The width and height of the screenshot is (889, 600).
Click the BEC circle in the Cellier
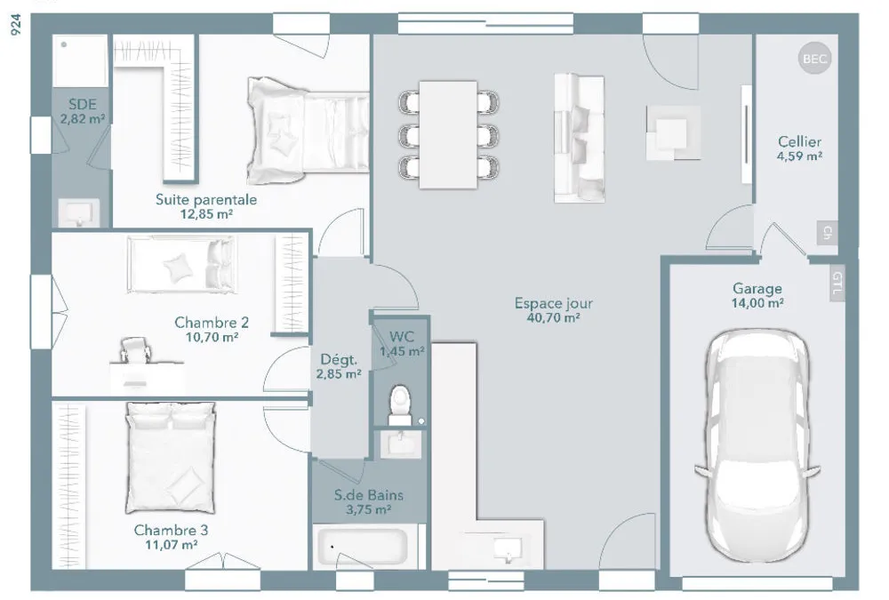click(x=814, y=59)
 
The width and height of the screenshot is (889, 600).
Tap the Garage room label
click(x=757, y=289)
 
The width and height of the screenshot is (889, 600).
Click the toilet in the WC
click(x=400, y=404)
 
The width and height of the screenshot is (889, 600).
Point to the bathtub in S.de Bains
click(x=363, y=547)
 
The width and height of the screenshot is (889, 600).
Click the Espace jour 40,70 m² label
click(x=553, y=310)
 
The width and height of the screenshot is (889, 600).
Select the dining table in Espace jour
click(x=448, y=134)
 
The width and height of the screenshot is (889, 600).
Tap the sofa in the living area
click(x=579, y=138)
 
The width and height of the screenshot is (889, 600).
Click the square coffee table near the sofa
click(x=673, y=133)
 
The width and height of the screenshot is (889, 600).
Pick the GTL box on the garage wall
click(x=837, y=283)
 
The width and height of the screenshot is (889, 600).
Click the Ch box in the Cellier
click(x=827, y=233)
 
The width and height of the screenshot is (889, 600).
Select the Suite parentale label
click(x=206, y=200)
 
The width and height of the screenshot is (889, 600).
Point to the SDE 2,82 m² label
click(x=83, y=111)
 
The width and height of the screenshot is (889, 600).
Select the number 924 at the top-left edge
click(x=16, y=25)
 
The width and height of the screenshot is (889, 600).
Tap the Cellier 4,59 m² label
click(x=799, y=148)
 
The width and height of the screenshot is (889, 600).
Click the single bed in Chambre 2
click(x=180, y=265)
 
